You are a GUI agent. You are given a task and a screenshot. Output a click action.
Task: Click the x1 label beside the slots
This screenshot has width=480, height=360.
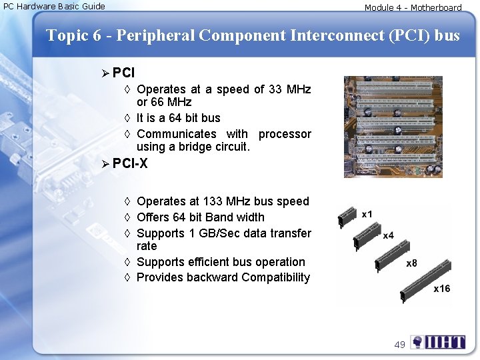pyautogui.click(x=367, y=215)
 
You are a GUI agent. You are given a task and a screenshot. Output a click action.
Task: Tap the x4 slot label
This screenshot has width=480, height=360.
pyautogui.click(x=388, y=235)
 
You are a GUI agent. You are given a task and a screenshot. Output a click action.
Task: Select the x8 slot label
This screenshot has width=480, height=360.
pyautogui.click(x=411, y=263)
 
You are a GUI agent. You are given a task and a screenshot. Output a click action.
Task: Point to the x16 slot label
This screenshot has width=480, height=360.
pyautogui.click(x=441, y=289)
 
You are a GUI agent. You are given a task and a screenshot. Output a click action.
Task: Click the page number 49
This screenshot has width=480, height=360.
pyautogui.click(x=399, y=345)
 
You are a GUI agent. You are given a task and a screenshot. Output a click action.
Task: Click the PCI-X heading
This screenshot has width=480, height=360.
pyautogui.click(x=130, y=163)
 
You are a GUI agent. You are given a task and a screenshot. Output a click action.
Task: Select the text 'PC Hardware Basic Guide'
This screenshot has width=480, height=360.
pyautogui.click(x=53, y=7)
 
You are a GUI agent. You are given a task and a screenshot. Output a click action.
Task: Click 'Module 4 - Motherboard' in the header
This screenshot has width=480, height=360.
pyautogui.click(x=413, y=8)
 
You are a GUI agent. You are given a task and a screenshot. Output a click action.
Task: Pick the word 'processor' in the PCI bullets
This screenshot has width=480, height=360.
pyautogui.click(x=285, y=134)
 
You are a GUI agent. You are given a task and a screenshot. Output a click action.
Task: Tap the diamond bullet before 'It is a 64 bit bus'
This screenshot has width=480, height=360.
pyautogui.click(x=127, y=118)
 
